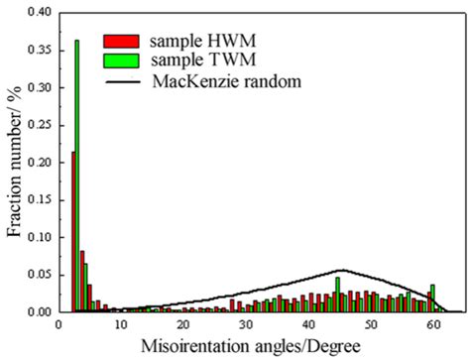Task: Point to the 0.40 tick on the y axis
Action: (x=60, y=13)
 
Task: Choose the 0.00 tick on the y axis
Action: (x=60, y=311)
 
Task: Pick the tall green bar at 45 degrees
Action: (x=337, y=295)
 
